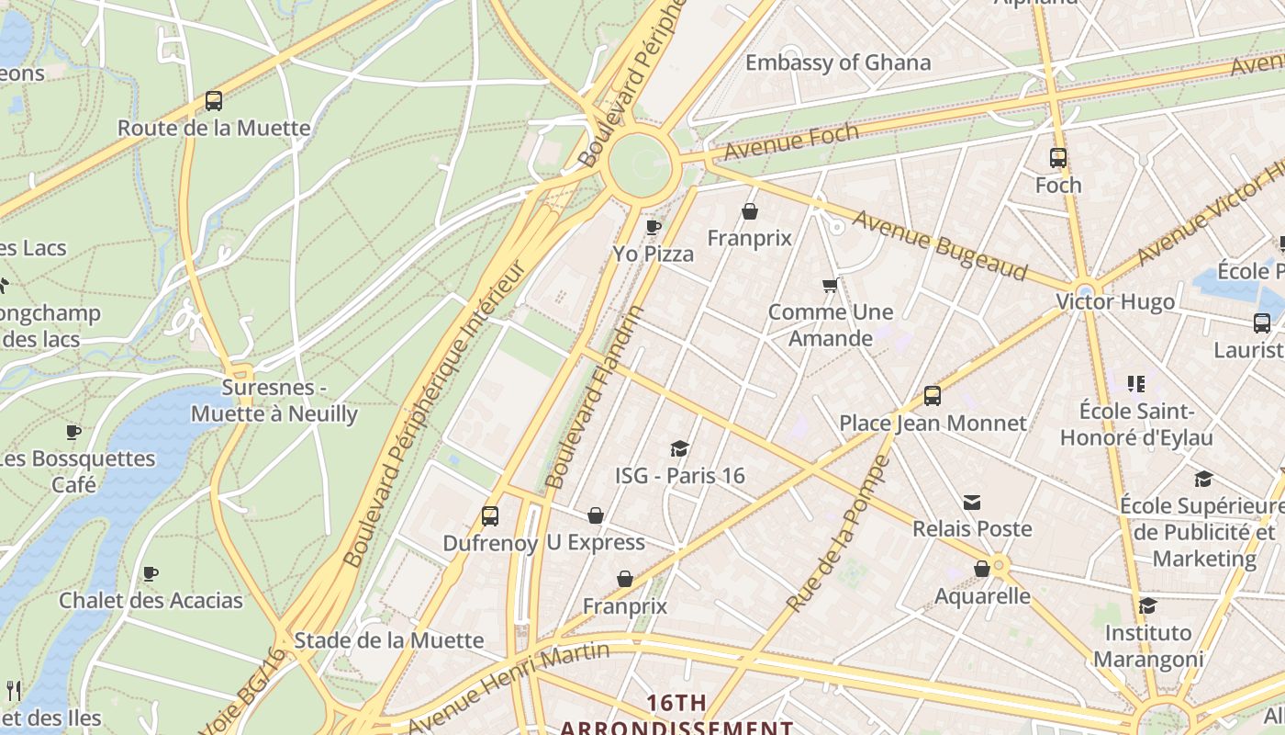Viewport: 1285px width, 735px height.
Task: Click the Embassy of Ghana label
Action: click(x=837, y=62)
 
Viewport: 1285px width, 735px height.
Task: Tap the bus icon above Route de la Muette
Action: click(x=214, y=101)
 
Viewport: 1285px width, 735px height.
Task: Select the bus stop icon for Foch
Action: click(x=1058, y=158)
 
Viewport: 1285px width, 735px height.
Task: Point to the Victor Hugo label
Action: click(x=1114, y=301)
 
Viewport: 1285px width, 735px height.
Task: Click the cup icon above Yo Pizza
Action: click(x=654, y=227)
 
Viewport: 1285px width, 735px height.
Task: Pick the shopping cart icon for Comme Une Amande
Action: click(x=831, y=286)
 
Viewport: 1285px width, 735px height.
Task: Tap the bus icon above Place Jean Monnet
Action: click(x=933, y=396)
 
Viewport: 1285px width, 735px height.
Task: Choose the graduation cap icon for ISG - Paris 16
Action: click(x=679, y=448)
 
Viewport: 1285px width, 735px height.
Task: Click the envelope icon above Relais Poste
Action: click(x=972, y=502)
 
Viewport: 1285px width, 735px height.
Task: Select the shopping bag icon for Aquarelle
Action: click(x=982, y=569)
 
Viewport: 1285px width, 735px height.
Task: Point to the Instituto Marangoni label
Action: click(x=1147, y=646)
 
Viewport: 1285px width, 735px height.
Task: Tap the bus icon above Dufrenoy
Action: click(x=490, y=516)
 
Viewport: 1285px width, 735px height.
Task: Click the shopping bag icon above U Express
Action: click(x=596, y=515)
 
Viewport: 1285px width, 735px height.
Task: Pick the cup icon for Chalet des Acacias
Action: click(x=151, y=574)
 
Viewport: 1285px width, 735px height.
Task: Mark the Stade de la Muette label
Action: click(x=388, y=640)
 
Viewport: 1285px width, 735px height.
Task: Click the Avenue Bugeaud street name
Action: click(x=940, y=244)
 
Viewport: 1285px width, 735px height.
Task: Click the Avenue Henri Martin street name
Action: click(x=510, y=685)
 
